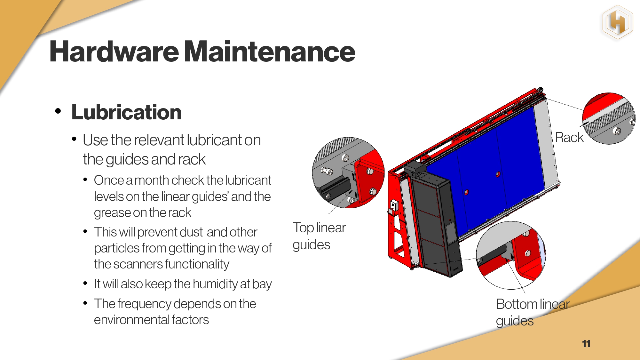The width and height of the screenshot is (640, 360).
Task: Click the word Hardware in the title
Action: tap(114, 52)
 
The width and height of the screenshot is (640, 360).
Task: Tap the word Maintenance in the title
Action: tap(270, 52)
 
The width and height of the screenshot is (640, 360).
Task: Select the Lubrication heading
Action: tap(126, 112)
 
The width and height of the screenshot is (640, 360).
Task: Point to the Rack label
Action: tap(569, 137)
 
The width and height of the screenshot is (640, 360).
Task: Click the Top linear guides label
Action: tap(319, 236)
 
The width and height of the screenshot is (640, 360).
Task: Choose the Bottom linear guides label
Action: tap(533, 312)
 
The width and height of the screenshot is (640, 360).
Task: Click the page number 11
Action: tap(586, 344)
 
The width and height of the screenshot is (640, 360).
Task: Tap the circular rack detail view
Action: tap(609, 118)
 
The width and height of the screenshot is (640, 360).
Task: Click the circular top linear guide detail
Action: tap(348, 173)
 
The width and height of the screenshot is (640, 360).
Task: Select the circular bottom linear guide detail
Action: tap(511, 255)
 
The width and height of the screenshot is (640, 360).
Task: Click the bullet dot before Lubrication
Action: tap(58, 111)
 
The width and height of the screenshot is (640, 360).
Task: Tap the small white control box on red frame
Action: tap(394, 206)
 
